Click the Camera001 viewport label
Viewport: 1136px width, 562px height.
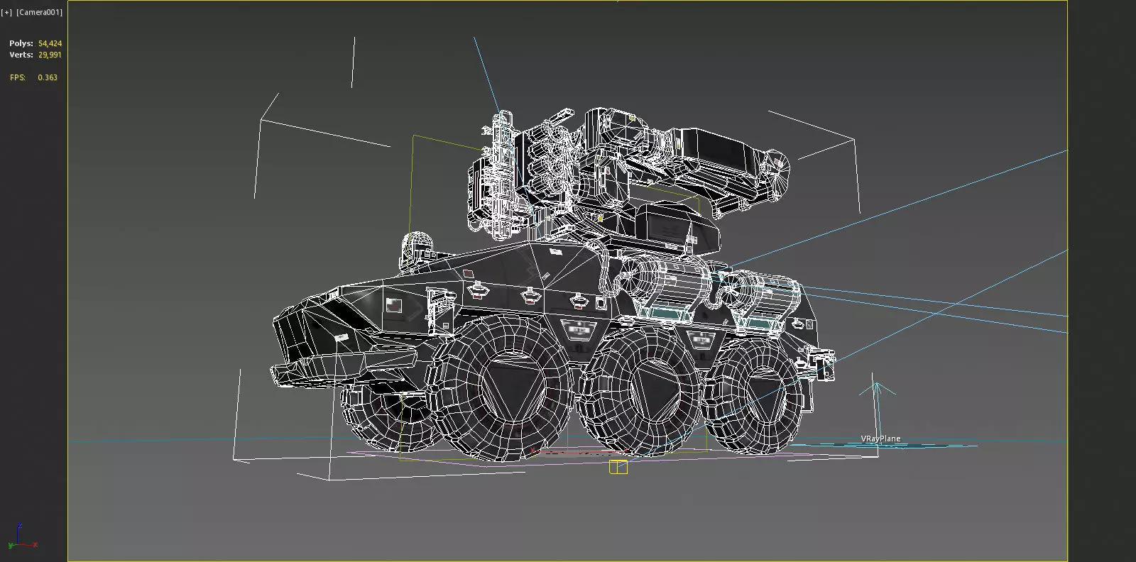click(39, 12)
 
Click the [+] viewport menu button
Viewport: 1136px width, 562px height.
click(7, 12)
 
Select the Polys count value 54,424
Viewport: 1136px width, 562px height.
click(50, 43)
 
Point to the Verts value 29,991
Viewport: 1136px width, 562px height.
click(50, 55)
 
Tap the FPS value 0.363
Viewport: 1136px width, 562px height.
click(48, 77)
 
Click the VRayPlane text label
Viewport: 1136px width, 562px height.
click(880, 439)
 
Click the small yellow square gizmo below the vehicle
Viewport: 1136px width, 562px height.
click(618, 467)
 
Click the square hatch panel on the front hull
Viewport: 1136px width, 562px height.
click(394, 306)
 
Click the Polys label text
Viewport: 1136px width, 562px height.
click(21, 43)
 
